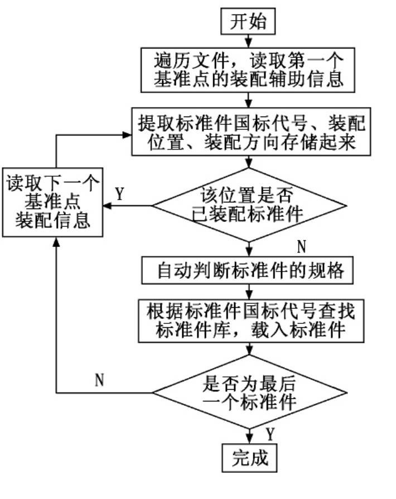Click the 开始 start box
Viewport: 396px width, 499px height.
pyautogui.click(x=249, y=22)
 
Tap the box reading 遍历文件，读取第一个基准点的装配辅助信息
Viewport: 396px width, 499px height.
pyautogui.click(x=249, y=69)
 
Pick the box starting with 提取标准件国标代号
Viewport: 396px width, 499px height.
pyautogui.click(x=249, y=132)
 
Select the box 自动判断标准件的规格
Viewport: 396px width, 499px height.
pyautogui.click(x=249, y=272)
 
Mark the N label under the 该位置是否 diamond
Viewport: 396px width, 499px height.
pyautogui.click(x=302, y=246)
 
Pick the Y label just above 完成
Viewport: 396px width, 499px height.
pyautogui.click(x=269, y=433)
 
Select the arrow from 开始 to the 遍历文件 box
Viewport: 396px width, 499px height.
pyautogui.click(x=249, y=40)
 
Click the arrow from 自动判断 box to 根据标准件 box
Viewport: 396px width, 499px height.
pyautogui.click(x=249, y=291)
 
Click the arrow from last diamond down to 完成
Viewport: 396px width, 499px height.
pyautogui.click(x=249, y=435)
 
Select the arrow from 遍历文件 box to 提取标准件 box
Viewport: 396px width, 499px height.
pyautogui.click(x=249, y=100)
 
